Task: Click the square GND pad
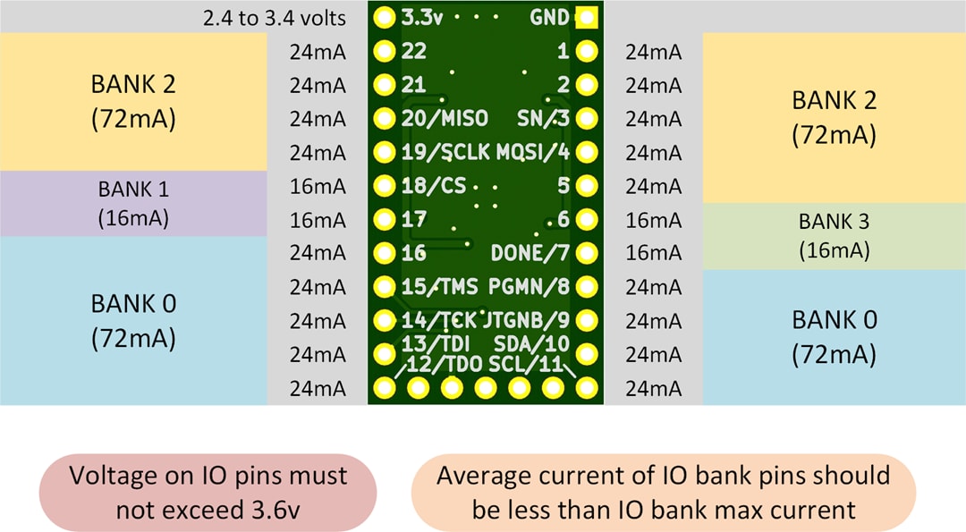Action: (586, 18)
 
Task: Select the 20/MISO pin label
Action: (445, 119)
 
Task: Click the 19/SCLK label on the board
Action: (445, 153)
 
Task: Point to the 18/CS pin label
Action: (434, 186)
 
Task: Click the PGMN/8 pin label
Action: (529, 287)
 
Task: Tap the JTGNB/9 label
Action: (526, 319)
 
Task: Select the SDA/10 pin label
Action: (538, 343)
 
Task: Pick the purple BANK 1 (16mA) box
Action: (133, 203)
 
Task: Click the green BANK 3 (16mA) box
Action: (834, 236)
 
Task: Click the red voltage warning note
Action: (208, 493)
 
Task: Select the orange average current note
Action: (664, 493)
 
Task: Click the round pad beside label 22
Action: (385, 52)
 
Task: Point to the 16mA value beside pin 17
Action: (318, 220)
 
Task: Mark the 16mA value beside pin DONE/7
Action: (653, 254)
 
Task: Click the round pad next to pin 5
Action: (586, 186)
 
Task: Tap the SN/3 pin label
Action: (543, 119)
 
